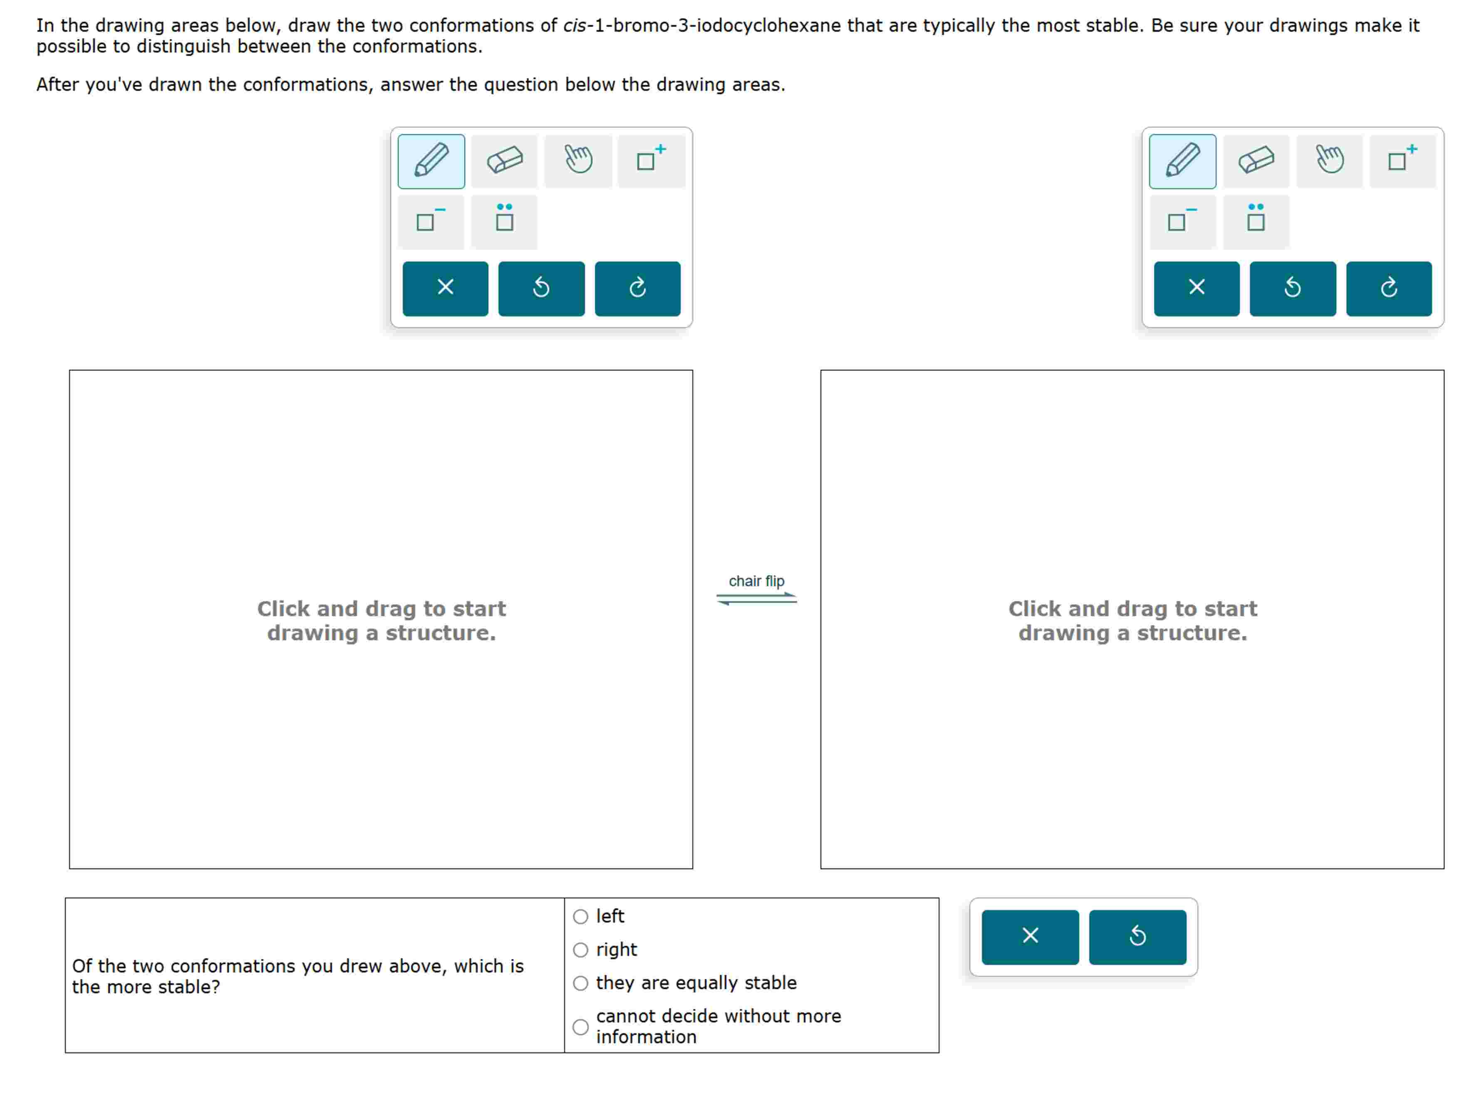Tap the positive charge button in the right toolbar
click(x=1402, y=161)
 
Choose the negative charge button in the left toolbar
click(x=431, y=221)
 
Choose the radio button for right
click(x=580, y=950)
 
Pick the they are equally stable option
click(x=580, y=983)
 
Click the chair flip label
click(x=756, y=581)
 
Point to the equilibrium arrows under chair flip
click(x=756, y=599)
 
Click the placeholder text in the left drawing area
click(x=381, y=621)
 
